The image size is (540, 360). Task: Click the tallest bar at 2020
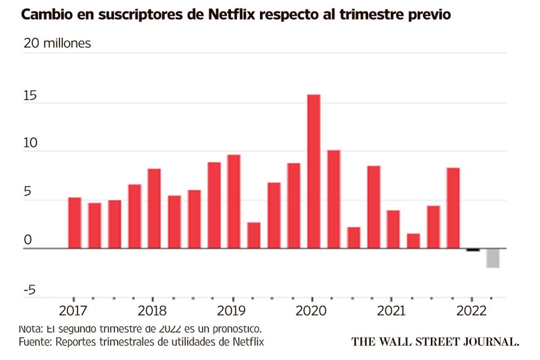point(313,171)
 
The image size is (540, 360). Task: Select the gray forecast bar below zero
point(493,258)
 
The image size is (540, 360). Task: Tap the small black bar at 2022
point(473,250)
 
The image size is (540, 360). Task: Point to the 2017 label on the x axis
point(73,310)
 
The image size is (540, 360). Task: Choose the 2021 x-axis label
point(392,310)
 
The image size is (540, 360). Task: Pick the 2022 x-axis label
point(472,310)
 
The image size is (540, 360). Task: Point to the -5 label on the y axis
point(29,290)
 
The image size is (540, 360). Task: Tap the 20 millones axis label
point(57,43)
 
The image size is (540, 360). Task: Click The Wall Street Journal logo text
point(435,341)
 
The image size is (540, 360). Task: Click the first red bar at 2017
point(74,223)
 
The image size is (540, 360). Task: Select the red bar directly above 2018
point(154,208)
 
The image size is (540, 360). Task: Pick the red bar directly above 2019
point(233,201)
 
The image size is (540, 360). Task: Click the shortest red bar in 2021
point(413,241)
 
